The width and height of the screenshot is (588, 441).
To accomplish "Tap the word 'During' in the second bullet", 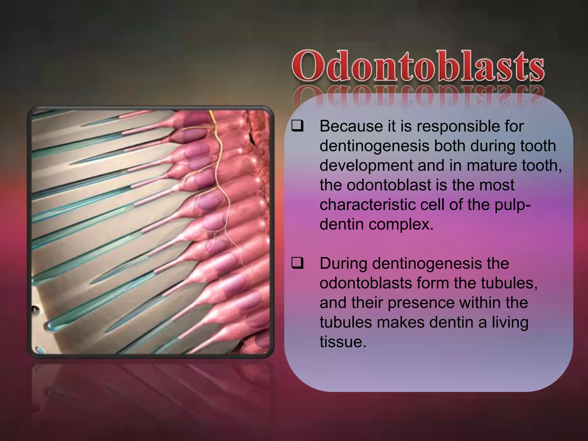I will (x=343, y=264).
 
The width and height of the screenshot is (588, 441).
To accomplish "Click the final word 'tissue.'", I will (x=343, y=342).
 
